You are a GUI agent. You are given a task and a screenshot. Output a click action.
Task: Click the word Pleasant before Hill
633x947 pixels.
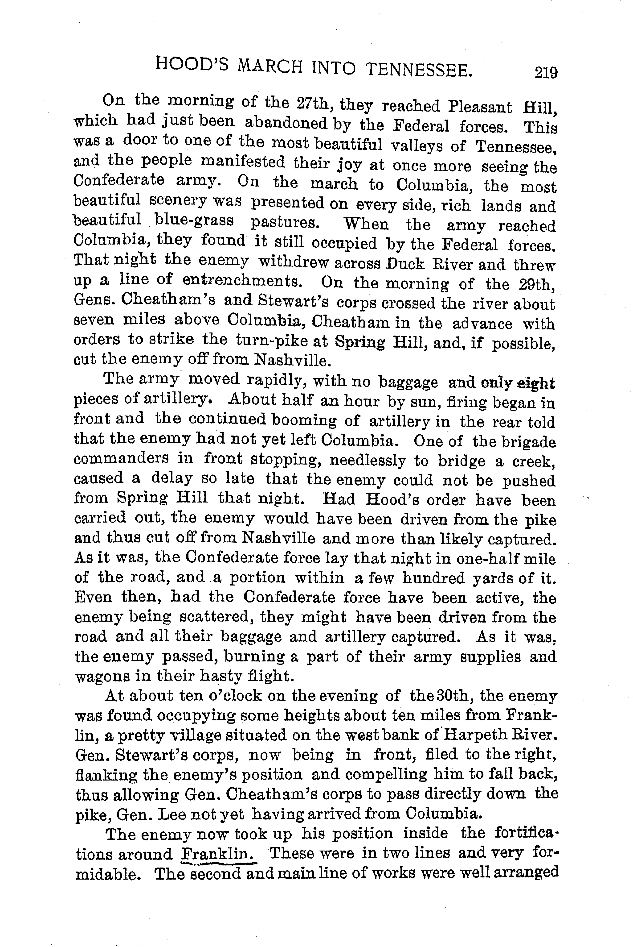point(480,107)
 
